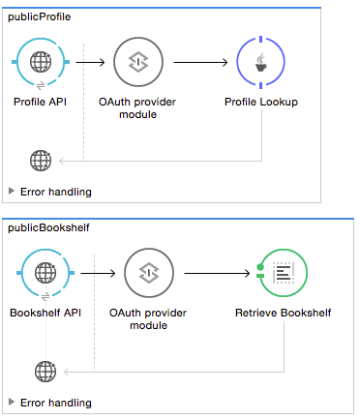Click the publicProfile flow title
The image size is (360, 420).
[39, 17]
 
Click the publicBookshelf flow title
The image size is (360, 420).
[45, 227]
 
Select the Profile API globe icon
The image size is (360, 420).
[41, 63]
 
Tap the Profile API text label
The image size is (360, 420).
[41, 101]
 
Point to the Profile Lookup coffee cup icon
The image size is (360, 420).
[261, 63]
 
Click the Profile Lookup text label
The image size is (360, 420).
[261, 101]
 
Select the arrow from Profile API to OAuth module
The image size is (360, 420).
[90, 63]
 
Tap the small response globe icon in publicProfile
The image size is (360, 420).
[41, 160]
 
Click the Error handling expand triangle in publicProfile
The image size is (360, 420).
[12, 191]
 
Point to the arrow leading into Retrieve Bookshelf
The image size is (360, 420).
[218, 274]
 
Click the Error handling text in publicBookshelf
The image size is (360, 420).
[56, 402]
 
